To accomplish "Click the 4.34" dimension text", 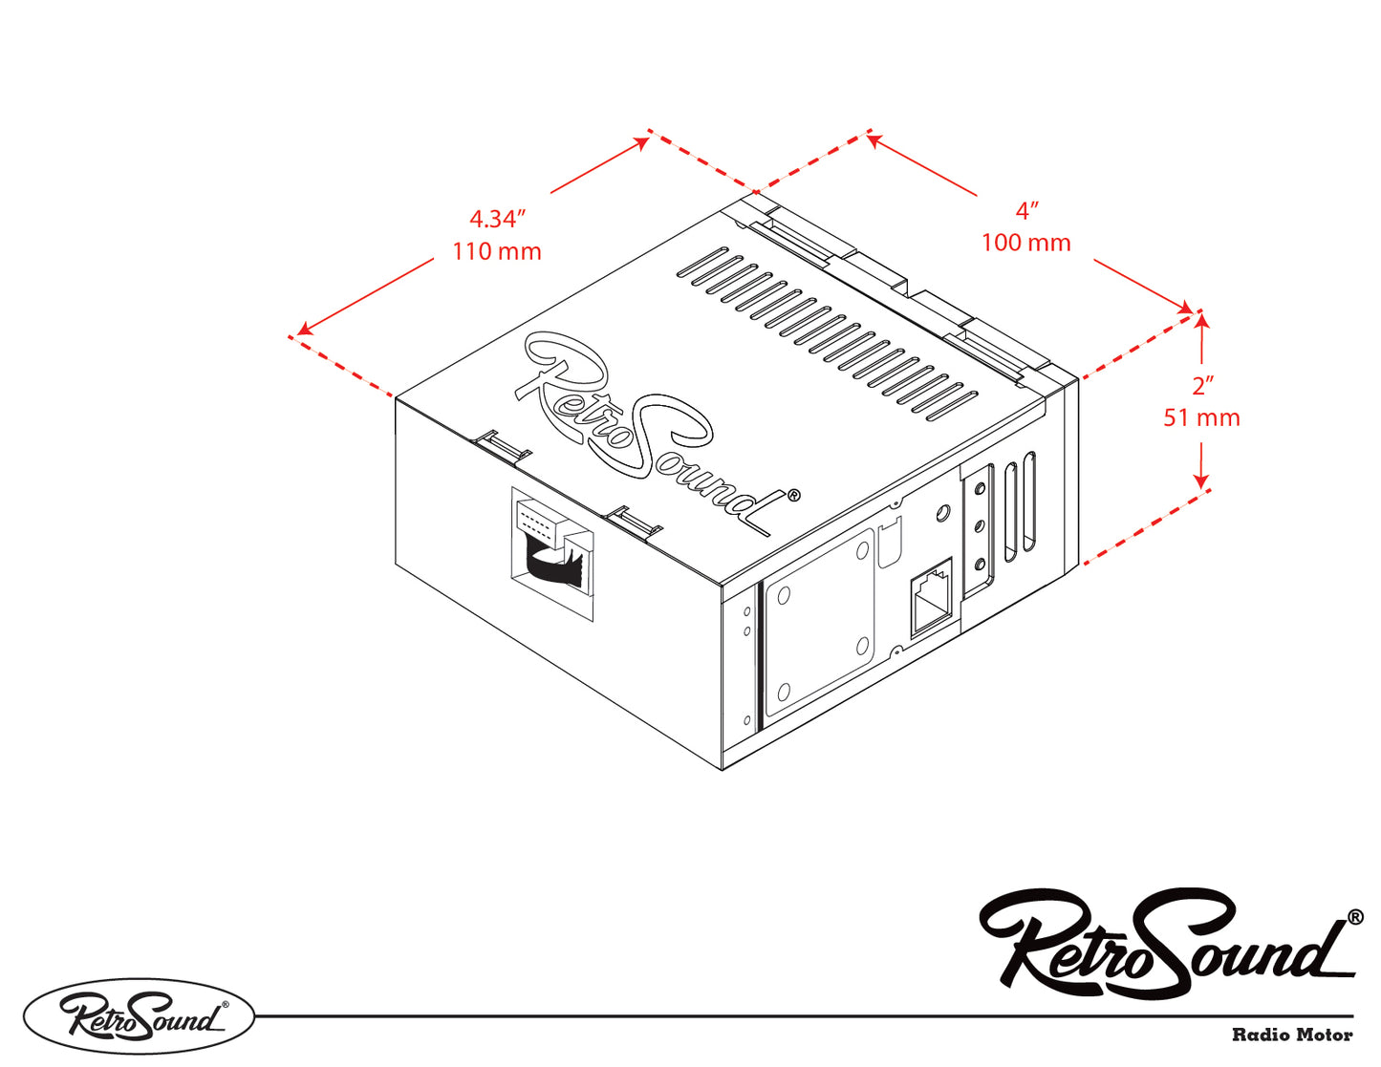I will pos(497,219).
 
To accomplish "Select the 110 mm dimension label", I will pos(497,251).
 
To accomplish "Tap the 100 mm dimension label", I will pos(1025,243).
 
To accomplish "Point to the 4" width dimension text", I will pos(1027,210).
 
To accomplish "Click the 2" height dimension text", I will pos(1202,386).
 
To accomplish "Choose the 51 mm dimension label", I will pos(1201,417).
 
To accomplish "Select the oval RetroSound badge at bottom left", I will pos(140,1016).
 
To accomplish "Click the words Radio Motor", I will pos(1292,1035).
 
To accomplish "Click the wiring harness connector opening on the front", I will pos(552,553).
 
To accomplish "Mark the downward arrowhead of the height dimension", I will pos(1202,480).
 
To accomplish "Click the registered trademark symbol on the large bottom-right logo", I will pos(1355,917).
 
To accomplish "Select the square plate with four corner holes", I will pos(821,622).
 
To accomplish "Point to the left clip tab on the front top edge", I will pos(502,443).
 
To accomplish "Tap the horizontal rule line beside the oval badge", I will pos(803,1016).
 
